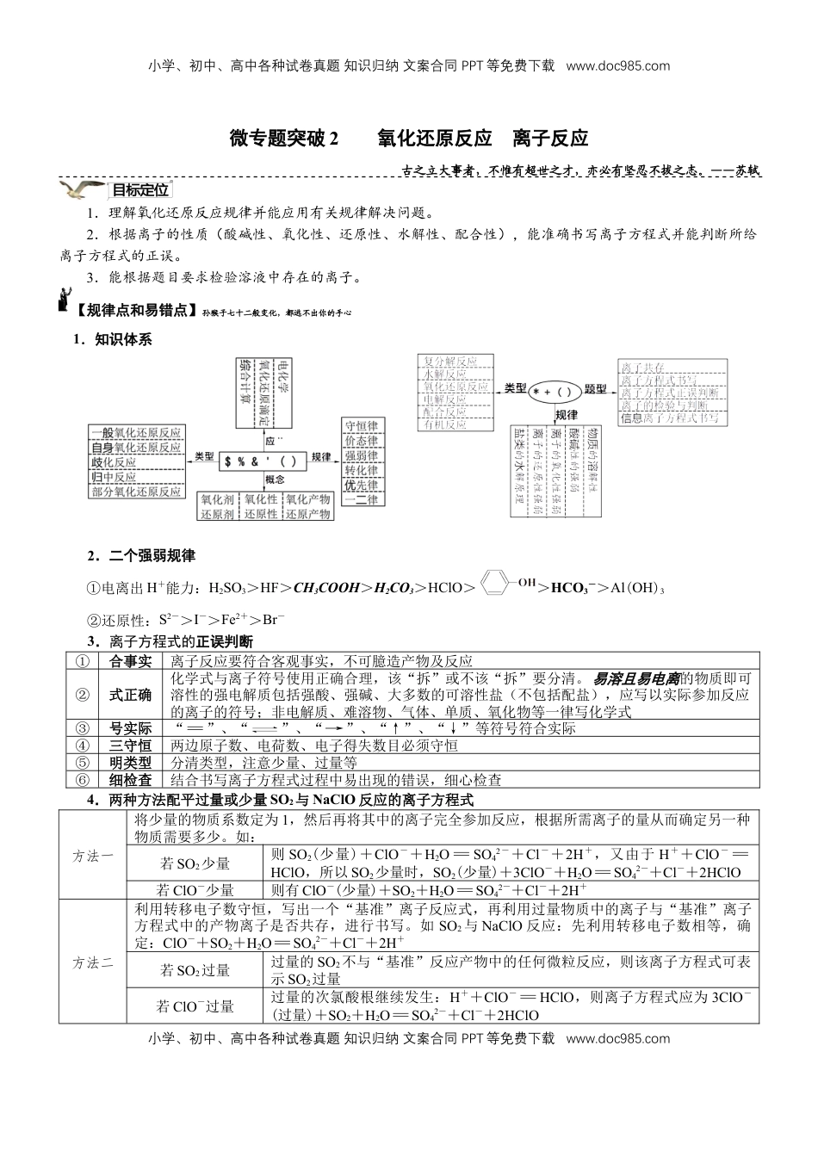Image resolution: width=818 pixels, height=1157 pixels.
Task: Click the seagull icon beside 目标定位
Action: coord(81,190)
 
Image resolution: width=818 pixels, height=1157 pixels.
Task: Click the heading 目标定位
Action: coord(140,191)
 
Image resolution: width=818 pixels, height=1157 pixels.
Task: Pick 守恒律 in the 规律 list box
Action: coord(361,427)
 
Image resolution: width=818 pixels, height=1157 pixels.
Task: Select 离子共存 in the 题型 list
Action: coord(643,367)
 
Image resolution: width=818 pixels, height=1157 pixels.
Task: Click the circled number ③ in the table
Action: coord(82,728)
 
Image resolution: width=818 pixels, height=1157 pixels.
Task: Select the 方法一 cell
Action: coord(92,855)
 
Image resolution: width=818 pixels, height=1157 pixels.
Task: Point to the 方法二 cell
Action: coord(92,962)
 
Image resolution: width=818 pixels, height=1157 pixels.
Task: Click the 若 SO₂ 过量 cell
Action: coord(195,970)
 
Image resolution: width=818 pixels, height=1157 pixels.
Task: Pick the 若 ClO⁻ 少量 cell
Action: coord(195,890)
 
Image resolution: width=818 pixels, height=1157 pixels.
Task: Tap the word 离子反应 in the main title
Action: coord(550,138)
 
